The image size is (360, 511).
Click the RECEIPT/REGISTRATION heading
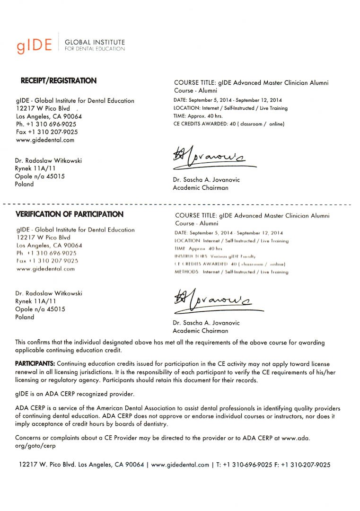tap(59, 81)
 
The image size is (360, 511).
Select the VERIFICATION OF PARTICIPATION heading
tap(70, 214)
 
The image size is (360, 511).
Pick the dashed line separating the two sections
tap(180, 204)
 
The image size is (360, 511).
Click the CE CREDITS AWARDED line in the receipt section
tap(229, 124)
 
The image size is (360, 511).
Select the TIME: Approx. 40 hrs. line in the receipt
tap(198, 116)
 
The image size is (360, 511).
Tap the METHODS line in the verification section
tap(231, 272)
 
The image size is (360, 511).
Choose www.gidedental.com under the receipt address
tap(45, 140)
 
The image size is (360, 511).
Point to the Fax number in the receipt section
tap(47, 132)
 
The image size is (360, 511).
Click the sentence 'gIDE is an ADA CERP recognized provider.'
tap(75, 394)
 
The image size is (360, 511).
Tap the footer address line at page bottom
tap(175, 465)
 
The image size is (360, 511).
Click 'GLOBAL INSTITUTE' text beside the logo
tap(95, 42)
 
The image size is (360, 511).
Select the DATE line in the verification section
tap(228, 233)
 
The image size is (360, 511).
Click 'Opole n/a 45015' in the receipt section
tap(40, 176)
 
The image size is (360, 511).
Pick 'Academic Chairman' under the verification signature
tap(200, 331)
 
